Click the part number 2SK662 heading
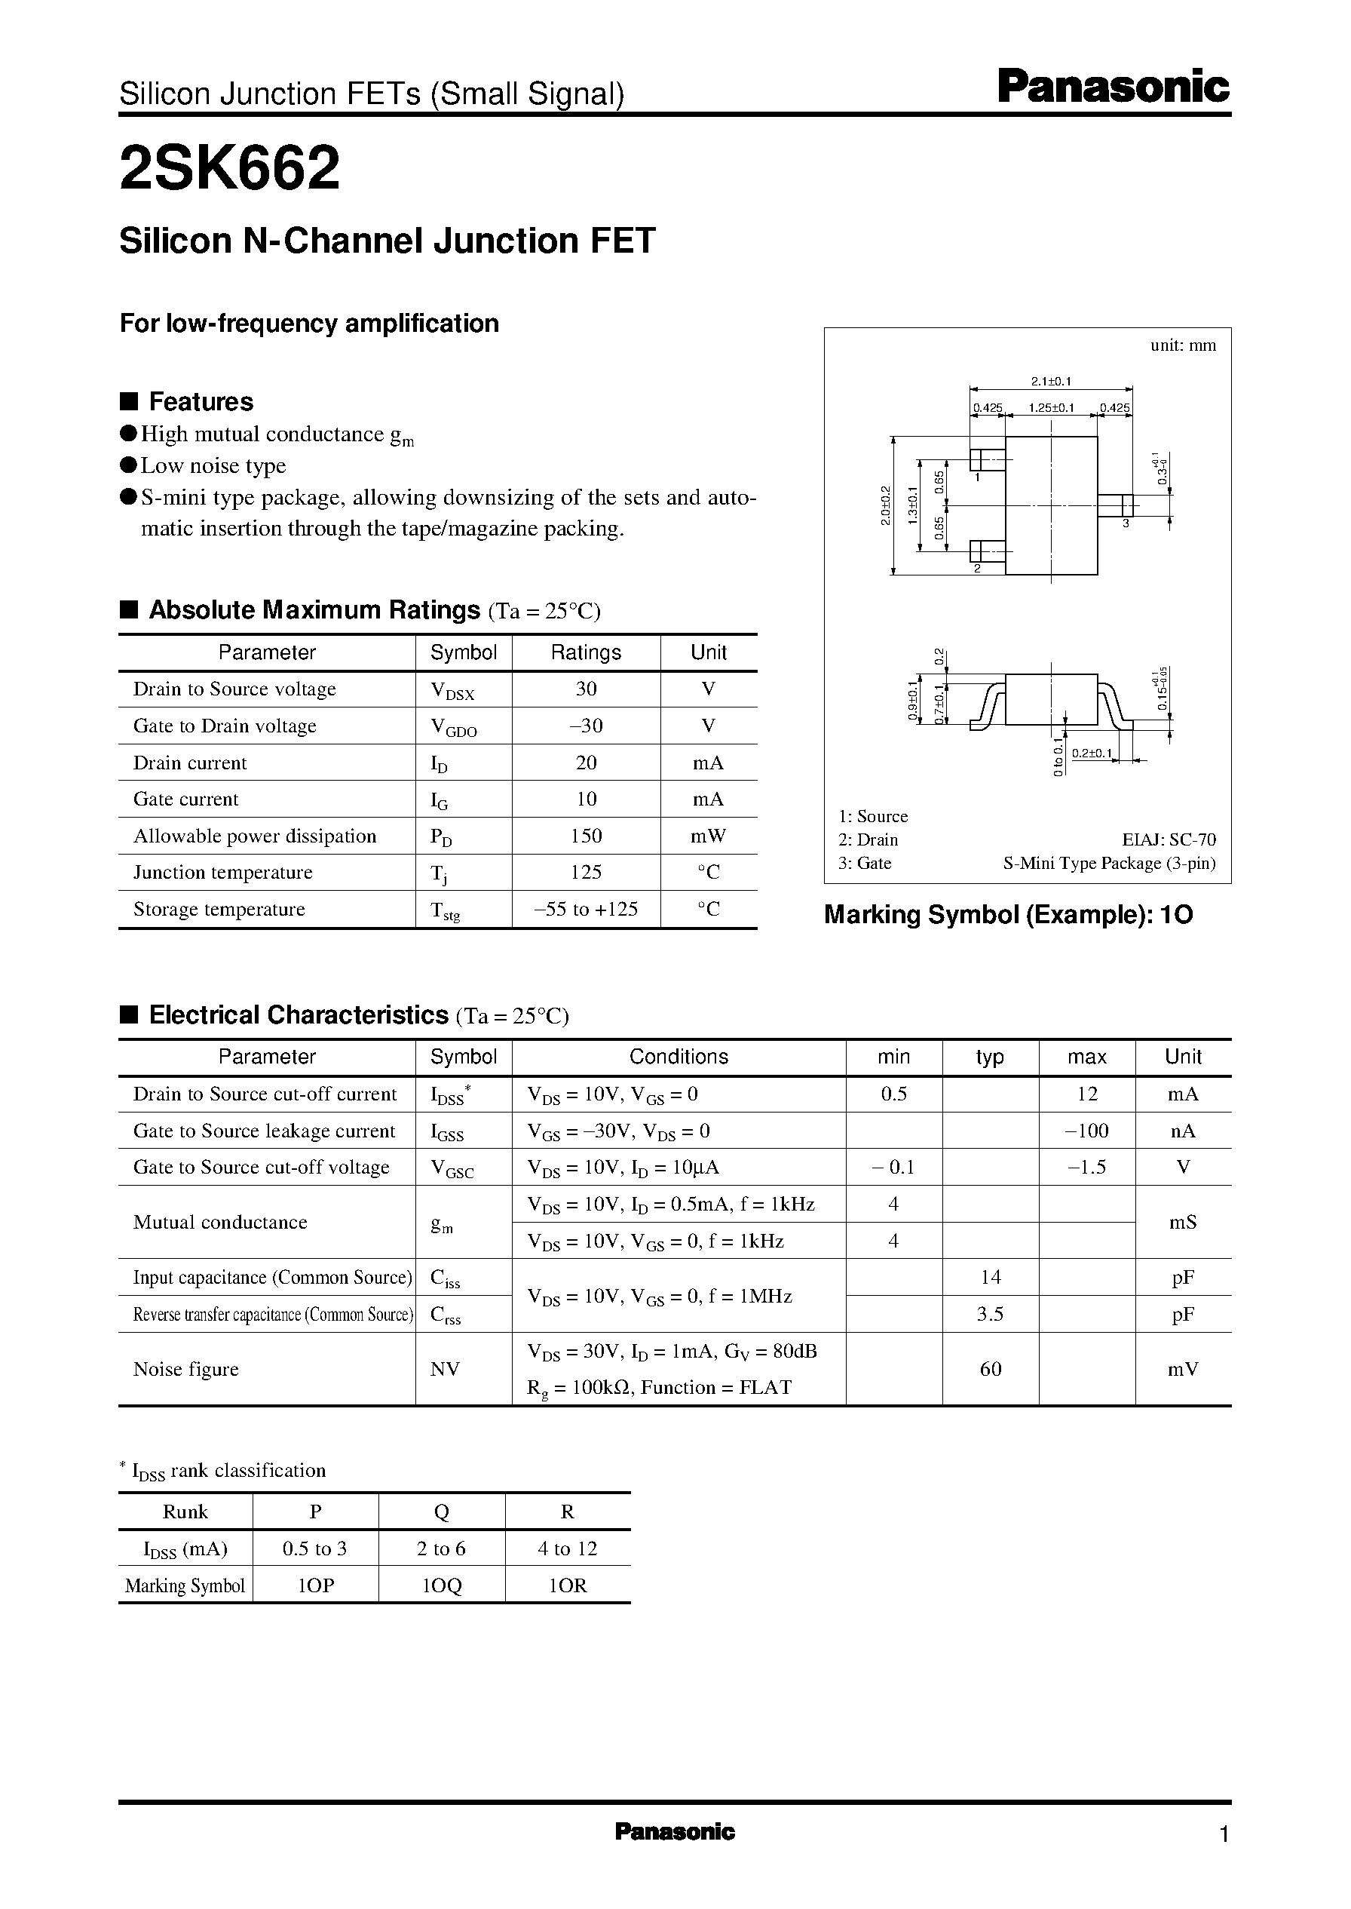point(230,167)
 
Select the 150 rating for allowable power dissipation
point(586,836)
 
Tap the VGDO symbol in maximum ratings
point(454,727)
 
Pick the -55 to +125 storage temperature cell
point(586,909)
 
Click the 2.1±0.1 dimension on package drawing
point(1051,381)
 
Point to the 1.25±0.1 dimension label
point(1051,408)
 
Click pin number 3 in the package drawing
point(1126,523)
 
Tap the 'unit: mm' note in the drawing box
point(1182,345)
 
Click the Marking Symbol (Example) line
point(1007,915)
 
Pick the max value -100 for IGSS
point(1086,1130)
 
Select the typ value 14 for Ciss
point(990,1276)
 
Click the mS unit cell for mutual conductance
point(1182,1222)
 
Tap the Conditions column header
point(678,1057)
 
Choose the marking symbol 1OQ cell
point(441,1586)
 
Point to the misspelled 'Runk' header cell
point(185,1512)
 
